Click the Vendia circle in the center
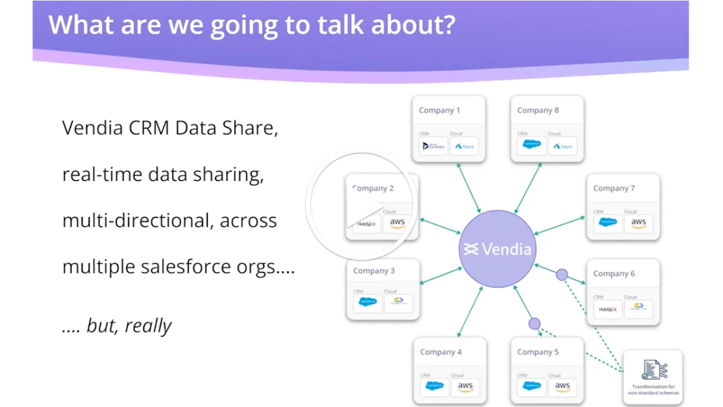pos(498,249)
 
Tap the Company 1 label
pos(439,110)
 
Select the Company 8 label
pos(538,110)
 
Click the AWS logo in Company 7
pos(638,223)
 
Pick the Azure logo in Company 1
pos(464,146)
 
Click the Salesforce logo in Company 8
pos(532,145)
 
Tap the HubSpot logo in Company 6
pos(608,309)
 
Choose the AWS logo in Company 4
pos(465,387)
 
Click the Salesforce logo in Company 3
pos(367,302)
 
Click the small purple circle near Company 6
pos(561,275)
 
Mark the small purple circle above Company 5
pos(534,323)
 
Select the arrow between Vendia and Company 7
pos(560,226)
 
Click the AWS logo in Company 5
pos(563,387)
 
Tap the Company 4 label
pos(441,352)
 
